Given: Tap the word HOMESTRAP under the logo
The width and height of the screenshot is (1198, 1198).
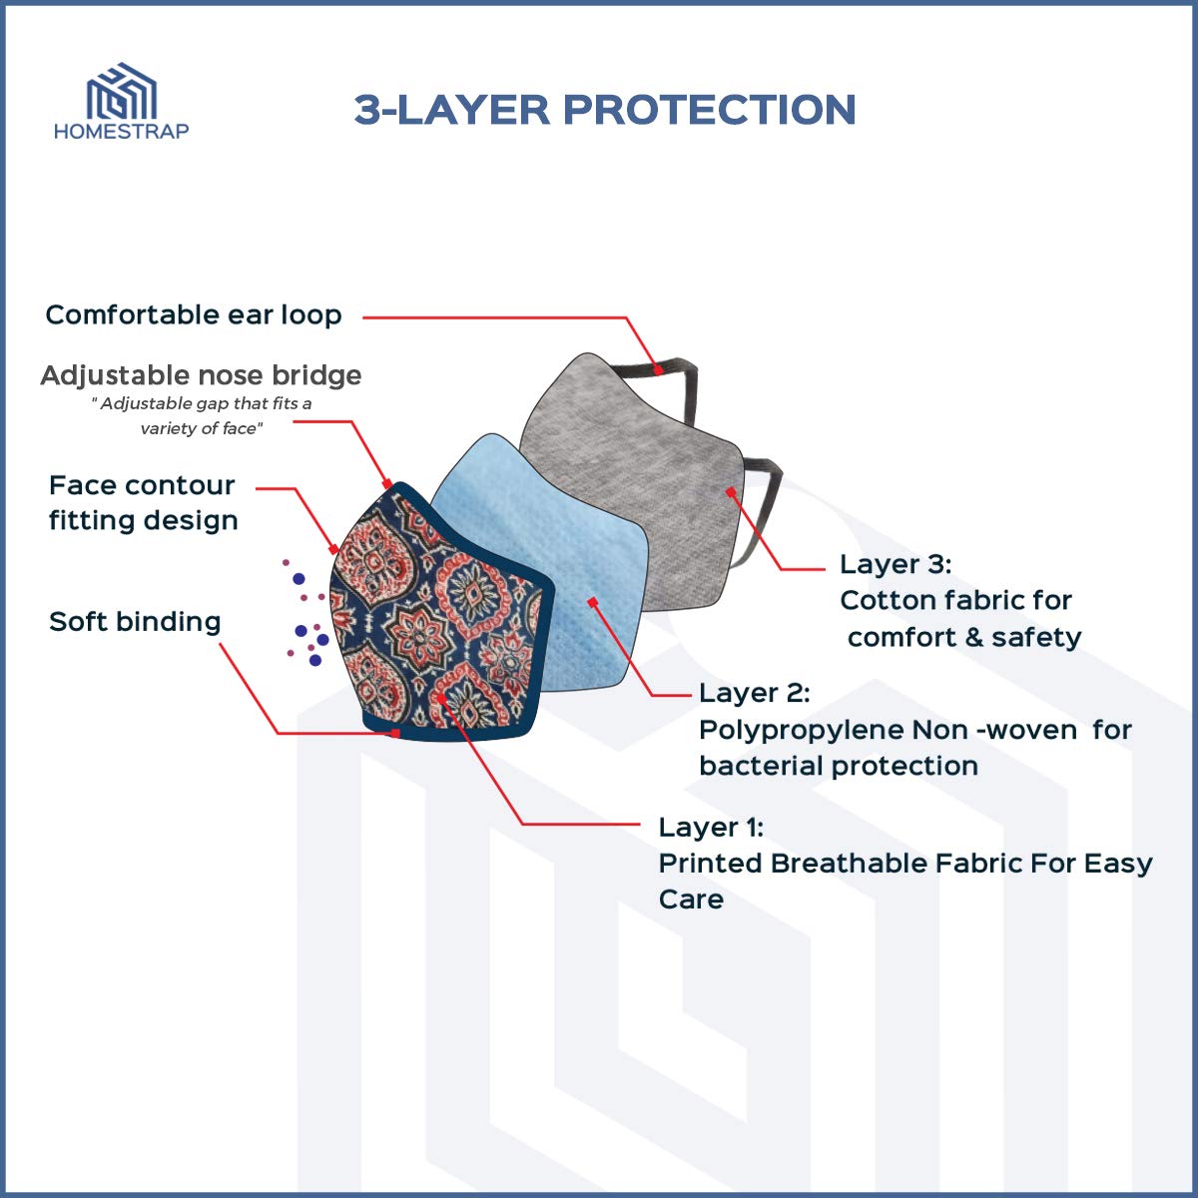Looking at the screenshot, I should (x=121, y=131).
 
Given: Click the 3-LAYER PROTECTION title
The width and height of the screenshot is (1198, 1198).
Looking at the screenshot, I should (x=605, y=110).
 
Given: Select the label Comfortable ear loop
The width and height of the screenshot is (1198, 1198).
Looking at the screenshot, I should (x=194, y=315).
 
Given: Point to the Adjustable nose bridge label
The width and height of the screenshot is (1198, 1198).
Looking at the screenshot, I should (x=201, y=376).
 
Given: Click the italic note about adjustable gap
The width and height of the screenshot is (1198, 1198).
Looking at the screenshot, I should (x=202, y=416).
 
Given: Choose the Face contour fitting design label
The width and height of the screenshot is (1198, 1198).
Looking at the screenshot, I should (x=143, y=503).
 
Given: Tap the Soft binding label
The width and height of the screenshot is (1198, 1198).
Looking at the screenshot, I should (x=135, y=622).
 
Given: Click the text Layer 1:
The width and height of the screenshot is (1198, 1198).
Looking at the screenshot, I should (x=711, y=828).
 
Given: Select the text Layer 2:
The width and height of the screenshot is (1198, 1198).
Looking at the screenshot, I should (x=754, y=693).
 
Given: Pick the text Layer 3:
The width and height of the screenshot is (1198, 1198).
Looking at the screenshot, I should (x=896, y=564).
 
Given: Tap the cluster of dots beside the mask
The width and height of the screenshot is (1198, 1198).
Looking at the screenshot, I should (x=304, y=614).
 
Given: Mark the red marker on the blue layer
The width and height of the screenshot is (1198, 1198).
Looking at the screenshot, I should (x=592, y=602).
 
